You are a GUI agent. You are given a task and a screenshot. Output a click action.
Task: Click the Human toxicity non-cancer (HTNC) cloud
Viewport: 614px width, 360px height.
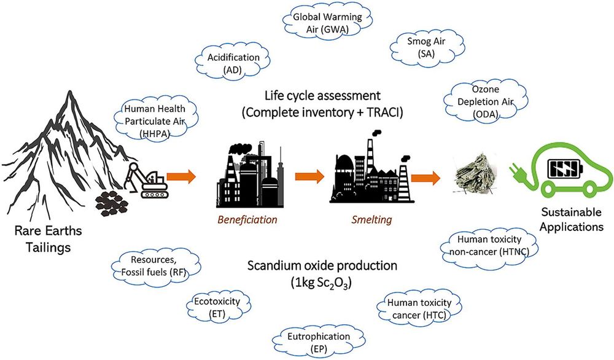tap(485, 245)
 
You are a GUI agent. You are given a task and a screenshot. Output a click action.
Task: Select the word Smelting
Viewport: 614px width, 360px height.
tap(369, 217)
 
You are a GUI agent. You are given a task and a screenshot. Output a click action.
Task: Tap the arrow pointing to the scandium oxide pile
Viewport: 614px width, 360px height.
tap(426, 179)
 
